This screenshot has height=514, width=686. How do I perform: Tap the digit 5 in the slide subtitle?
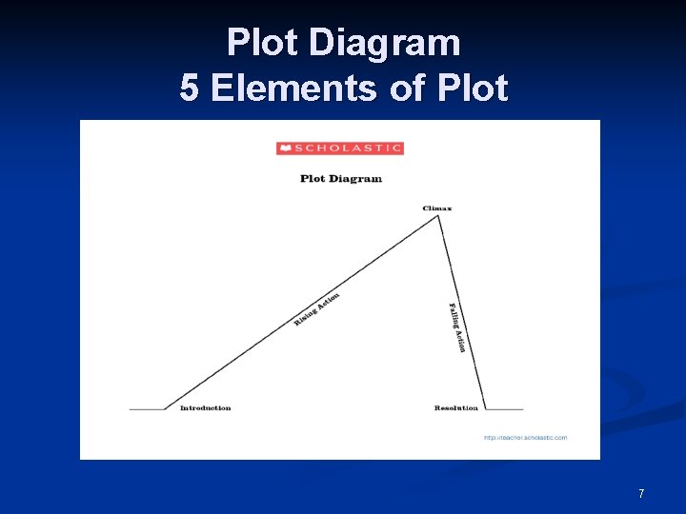coord(190,89)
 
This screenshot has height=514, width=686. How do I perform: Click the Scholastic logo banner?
coord(340,148)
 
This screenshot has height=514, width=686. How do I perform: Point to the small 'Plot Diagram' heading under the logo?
coord(340,178)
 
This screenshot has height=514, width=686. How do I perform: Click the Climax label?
coord(437,208)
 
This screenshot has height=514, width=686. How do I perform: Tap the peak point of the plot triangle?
coord(437,216)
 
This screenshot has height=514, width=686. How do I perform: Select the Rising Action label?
coord(316,309)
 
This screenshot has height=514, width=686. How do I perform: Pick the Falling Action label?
coord(457,327)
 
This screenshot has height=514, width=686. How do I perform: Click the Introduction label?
coord(205,407)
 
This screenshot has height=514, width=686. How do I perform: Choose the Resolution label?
coord(456,407)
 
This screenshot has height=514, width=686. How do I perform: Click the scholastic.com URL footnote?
coord(525,438)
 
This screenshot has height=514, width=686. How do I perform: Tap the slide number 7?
coord(641,493)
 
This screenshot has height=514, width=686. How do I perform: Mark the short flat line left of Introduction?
coord(147,409)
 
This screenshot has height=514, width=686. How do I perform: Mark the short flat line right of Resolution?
coord(503,409)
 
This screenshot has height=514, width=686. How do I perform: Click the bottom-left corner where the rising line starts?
coord(165,409)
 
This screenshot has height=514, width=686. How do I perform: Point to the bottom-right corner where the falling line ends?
coord(484,409)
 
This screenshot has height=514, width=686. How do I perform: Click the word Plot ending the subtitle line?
coord(474,89)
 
